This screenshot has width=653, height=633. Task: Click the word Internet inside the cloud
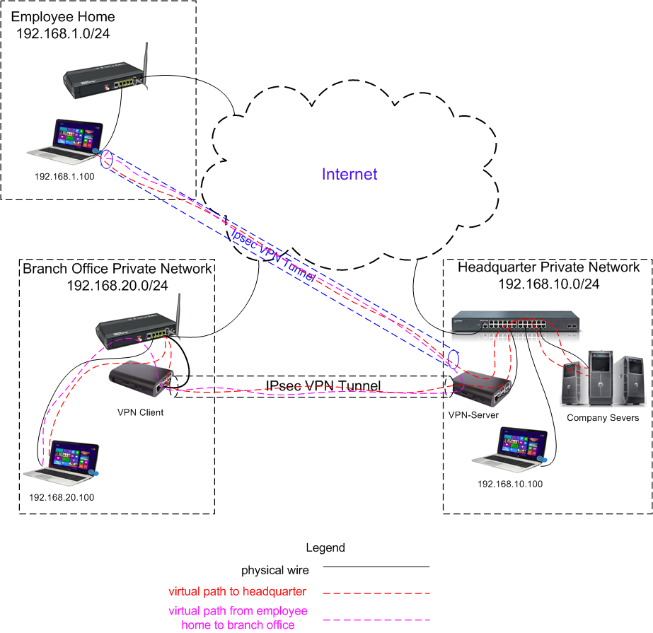[349, 174]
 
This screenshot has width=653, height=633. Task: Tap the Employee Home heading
[63, 17]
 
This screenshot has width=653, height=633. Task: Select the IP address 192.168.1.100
[64, 176]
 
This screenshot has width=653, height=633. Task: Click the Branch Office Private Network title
[117, 269]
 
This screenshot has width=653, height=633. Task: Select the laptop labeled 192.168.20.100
[62, 464]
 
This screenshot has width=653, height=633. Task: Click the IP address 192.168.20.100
[62, 497]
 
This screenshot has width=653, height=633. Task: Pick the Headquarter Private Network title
[548, 267]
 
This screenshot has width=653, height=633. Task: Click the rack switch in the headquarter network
[517, 321]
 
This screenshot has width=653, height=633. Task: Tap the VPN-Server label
[473, 415]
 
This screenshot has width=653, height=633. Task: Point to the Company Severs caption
[603, 417]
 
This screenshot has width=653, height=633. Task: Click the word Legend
[325, 547]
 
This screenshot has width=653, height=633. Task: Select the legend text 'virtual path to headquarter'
[238, 591]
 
